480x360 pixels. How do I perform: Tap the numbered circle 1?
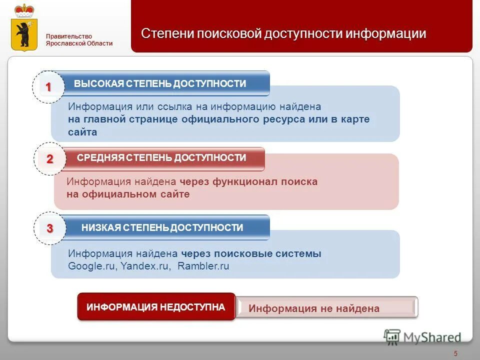tap(48, 87)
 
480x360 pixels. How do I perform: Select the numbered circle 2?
tap(49, 159)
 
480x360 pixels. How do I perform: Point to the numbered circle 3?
tap(49, 228)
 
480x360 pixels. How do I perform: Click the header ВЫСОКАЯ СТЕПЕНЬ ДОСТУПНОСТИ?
tap(160, 83)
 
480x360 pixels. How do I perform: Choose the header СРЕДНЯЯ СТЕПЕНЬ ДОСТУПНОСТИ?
tap(161, 158)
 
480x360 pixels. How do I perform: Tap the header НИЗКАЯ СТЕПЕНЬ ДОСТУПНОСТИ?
tap(162, 228)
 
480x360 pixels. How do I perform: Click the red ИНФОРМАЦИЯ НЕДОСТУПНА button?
tap(155, 306)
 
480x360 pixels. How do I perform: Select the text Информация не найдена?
tap(314, 308)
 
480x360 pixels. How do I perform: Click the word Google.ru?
tap(92, 266)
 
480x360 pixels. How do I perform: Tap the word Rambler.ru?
tap(203, 266)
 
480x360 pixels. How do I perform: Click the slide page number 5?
tap(455, 354)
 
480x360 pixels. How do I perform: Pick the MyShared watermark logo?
tap(422, 337)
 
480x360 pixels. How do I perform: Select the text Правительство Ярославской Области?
tap(79, 39)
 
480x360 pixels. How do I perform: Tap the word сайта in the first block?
tap(82, 132)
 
